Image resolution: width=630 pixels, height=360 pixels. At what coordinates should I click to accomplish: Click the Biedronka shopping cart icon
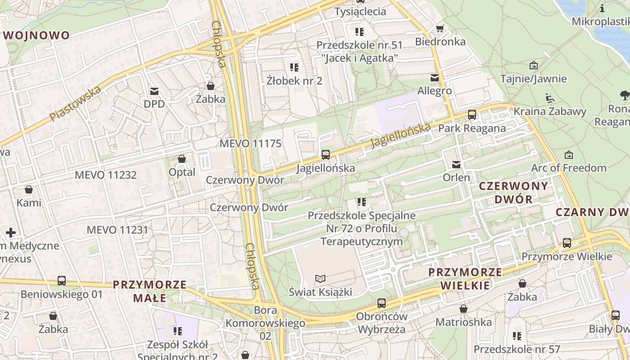tap(440, 29)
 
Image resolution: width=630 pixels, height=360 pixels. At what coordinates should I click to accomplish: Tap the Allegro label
tap(434, 90)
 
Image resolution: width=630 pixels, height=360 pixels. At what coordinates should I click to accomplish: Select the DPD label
tap(154, 104)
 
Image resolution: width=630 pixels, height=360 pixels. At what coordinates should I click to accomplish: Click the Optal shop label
tap(182, 172)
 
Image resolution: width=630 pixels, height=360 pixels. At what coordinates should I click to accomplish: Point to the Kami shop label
tap(29, 202)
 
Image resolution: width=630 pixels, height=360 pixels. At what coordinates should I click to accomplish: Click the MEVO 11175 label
tap(250, 144)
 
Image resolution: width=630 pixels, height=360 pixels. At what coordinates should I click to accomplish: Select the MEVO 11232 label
tap(106, 175)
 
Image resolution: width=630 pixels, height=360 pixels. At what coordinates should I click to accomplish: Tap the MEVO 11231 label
tap(117, 229)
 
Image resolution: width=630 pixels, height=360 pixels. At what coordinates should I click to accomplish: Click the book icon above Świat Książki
tap(320, 279)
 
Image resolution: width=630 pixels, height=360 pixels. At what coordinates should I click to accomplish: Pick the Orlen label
tap(456, 177)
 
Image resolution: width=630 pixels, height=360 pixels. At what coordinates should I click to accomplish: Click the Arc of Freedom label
tap(569, 168)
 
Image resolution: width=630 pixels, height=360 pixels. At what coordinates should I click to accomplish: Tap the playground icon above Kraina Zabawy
tap(549, 98)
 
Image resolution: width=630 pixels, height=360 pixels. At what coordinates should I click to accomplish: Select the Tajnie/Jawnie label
tap(533, 79)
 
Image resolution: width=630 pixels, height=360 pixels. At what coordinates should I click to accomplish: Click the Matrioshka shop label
tap(463, 322)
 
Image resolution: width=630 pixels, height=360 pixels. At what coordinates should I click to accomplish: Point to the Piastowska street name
tap(75, 104)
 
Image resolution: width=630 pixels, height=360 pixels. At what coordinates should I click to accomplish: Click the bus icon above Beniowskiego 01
tap(62, 281)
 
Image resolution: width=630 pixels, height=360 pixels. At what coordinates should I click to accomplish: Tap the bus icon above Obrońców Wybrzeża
tap(382, 303)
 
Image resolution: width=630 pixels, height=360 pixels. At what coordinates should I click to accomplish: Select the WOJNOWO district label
tap(37, 35)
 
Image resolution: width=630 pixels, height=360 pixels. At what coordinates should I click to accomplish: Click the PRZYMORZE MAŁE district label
tap(150, 291)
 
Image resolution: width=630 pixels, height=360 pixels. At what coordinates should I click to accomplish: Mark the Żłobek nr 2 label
tap(294, 81)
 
